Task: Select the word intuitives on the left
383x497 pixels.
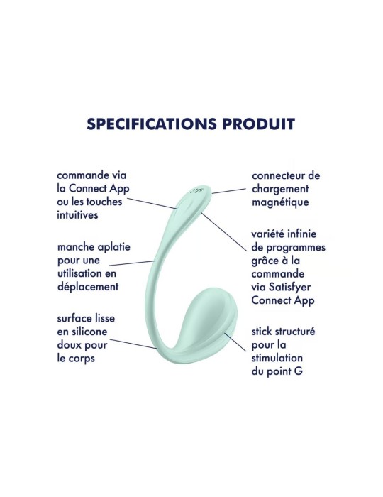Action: pyautogui.click(x=79, y=215)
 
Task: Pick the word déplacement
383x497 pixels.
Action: pyautogui.click(x=88, y=286)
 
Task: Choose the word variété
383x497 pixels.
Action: pyautogui.click(x=270, y=235)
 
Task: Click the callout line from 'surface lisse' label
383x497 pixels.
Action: pyautogui.click(x=134, y=343)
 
